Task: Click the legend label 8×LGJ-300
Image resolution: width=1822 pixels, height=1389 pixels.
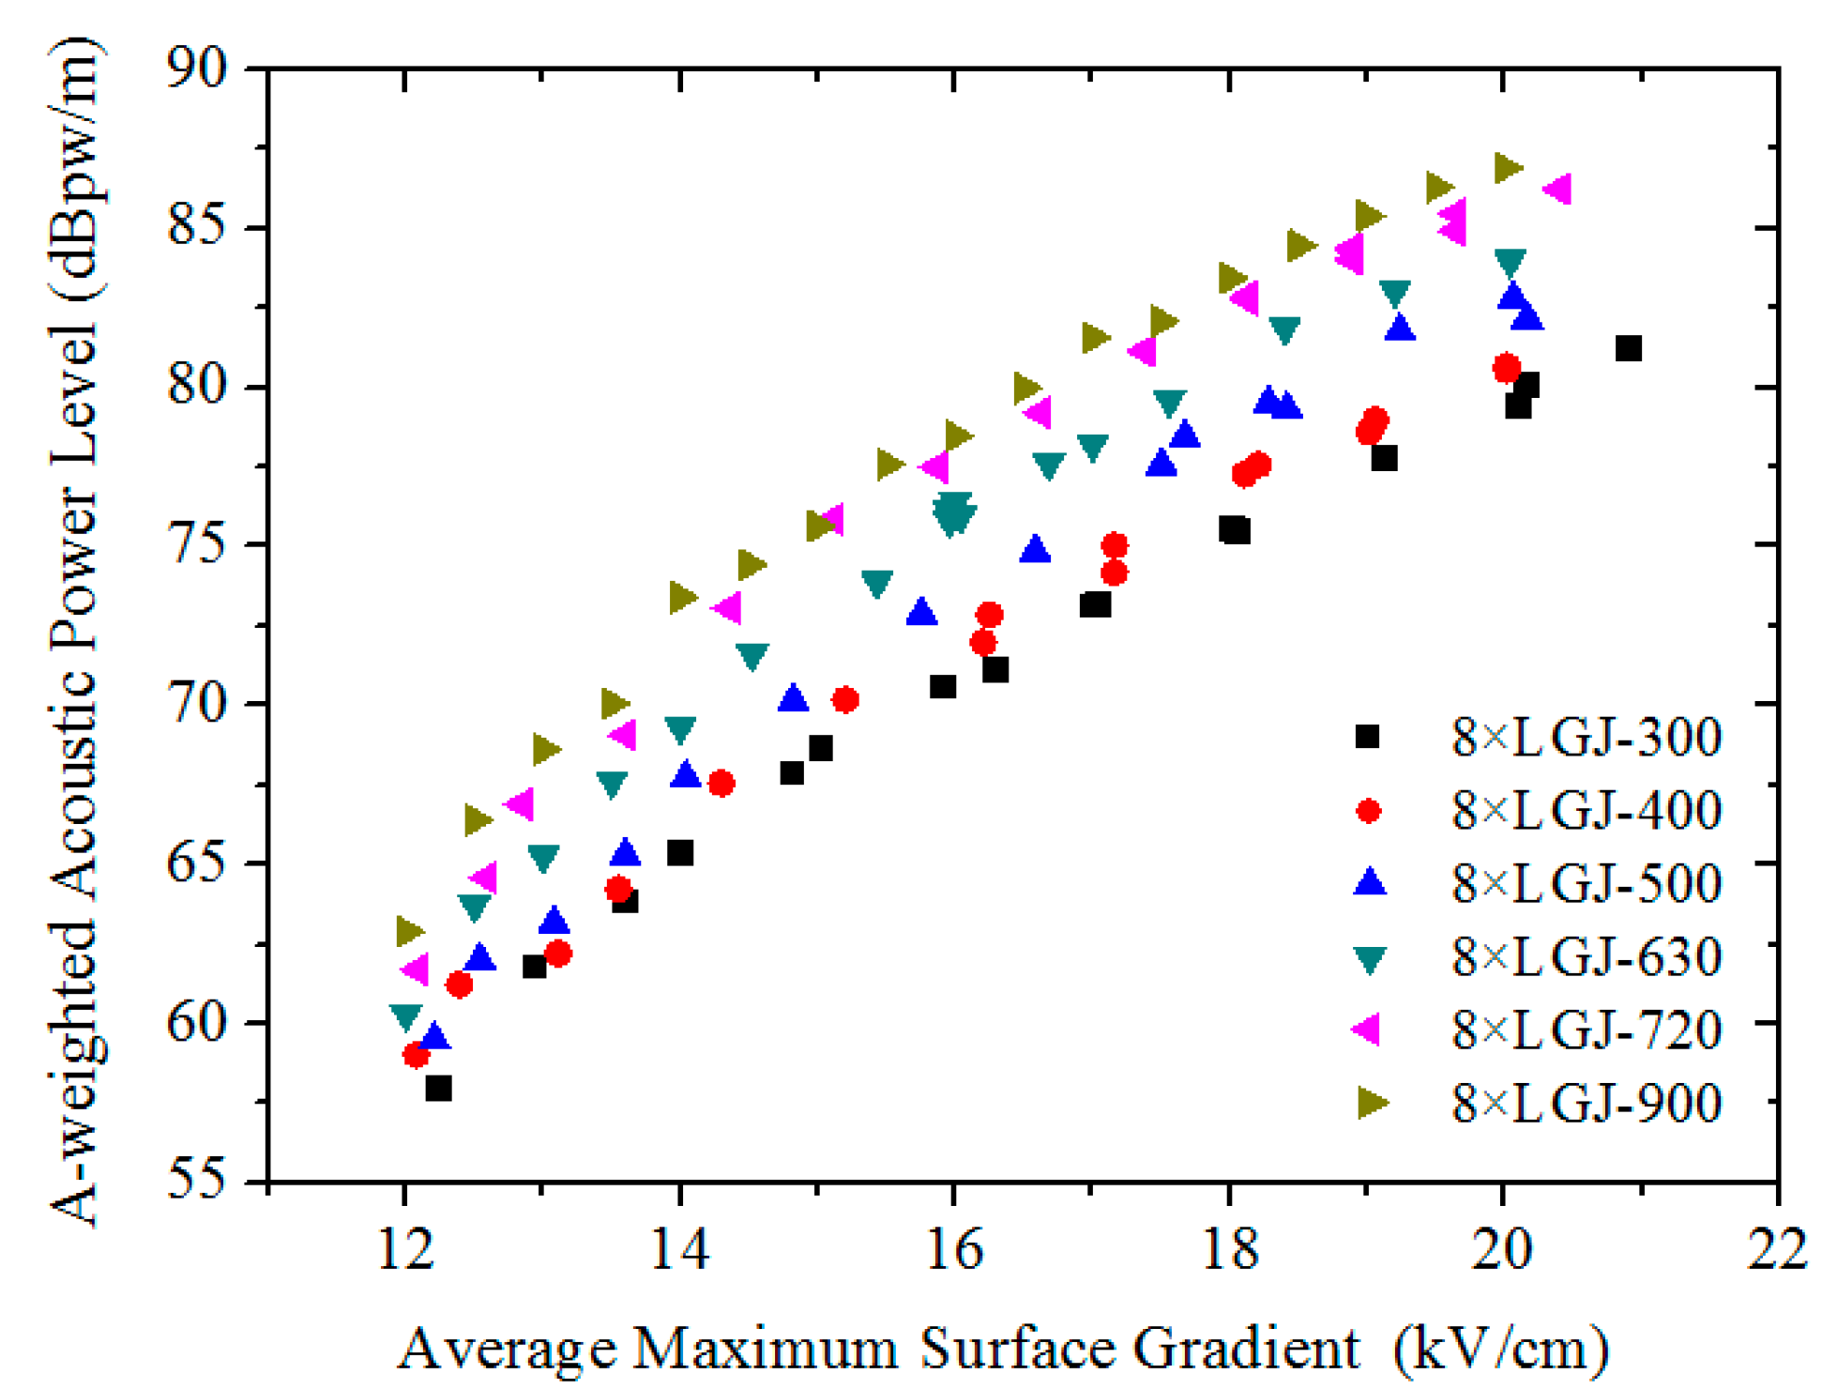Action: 1586,737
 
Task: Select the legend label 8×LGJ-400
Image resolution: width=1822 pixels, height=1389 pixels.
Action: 1586,810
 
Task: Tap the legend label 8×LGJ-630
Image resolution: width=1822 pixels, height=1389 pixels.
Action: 1586,956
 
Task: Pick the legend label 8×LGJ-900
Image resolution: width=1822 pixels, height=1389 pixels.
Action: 1586,1103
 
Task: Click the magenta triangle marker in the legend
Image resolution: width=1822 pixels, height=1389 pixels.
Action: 1368,1029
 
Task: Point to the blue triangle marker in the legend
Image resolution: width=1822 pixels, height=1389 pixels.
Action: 1370,881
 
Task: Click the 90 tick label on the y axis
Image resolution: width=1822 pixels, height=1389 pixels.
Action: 198,69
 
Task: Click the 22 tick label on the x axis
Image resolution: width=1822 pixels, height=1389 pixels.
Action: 1776,1250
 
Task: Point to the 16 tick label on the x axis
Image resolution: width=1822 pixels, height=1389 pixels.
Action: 953,1250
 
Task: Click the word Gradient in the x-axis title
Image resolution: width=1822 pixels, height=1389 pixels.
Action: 1246,1348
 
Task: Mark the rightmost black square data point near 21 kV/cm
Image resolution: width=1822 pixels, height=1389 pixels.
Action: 1629,349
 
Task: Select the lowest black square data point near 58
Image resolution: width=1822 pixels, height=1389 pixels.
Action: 438,1089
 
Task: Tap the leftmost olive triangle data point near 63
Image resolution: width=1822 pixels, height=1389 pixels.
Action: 409,932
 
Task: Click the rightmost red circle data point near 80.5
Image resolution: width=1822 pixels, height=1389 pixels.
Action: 1506,368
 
